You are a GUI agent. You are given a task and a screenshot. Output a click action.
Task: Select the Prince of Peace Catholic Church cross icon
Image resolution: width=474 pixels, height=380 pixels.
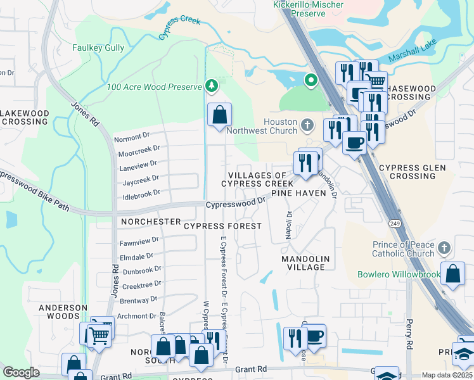(444, 247)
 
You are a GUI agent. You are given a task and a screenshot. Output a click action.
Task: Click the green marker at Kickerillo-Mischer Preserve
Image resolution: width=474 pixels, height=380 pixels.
(311, 80)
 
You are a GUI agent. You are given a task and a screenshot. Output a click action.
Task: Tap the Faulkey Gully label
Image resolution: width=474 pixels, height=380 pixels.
(98, 47)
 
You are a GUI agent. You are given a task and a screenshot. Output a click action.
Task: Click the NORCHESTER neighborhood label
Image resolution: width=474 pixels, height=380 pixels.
(151, 222)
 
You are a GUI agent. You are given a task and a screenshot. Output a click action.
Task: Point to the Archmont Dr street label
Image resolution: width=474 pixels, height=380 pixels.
(137, 315)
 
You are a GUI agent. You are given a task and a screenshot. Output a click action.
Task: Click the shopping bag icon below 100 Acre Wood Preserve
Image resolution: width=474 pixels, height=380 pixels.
(219, 115)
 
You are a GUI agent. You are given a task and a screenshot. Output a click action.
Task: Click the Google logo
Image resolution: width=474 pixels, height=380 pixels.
(21, 372)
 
